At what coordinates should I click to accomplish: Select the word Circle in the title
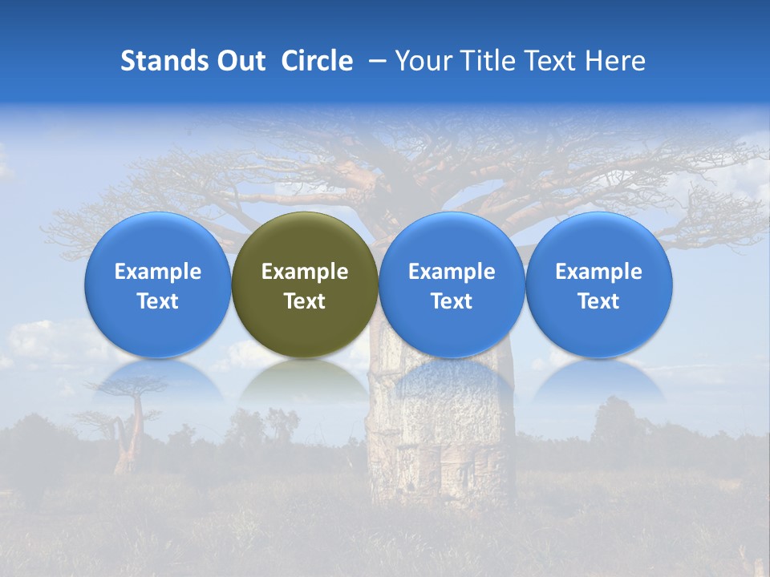pos(317,61)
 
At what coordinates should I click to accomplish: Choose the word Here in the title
pos(615,61)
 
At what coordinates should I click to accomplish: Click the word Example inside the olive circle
pos(305,272)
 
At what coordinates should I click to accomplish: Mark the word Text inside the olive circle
pos(305,301)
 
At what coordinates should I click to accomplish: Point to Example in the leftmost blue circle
pos(157,272)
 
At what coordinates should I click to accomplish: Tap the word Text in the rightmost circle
pos(599,301)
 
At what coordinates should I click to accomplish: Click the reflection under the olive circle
pos(305,380)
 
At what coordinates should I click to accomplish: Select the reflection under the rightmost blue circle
pos(599,380)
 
